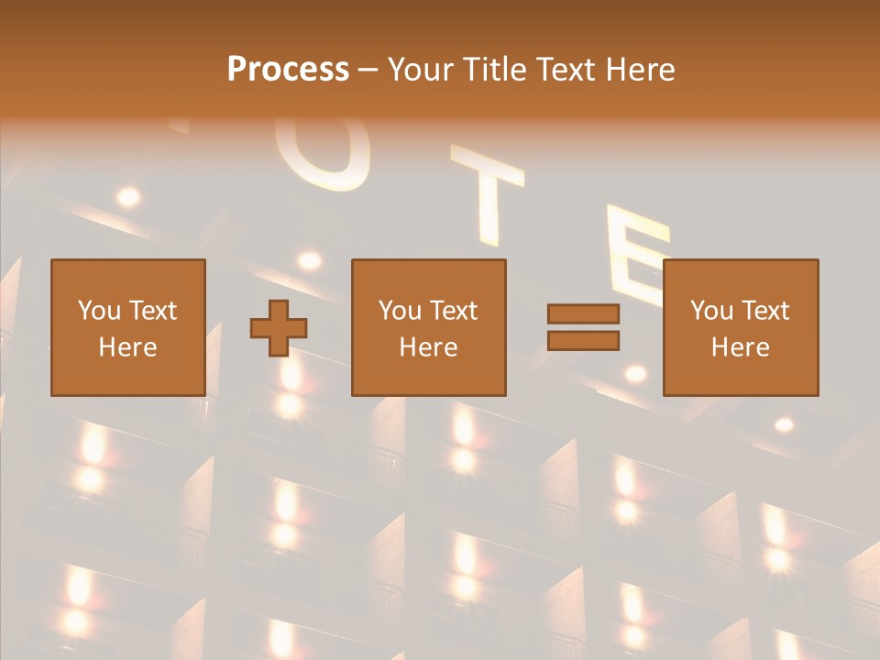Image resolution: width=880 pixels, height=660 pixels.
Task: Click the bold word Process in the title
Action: [x=288, y=70]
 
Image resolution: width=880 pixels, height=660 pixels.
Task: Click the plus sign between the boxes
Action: [x=279, y=328]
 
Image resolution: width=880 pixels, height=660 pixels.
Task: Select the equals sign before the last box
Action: [x=583, y=327]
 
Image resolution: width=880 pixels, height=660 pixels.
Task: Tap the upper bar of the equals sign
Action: [x=583, y=314]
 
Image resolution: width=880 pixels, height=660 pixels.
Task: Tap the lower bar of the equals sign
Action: [x=583, y=340]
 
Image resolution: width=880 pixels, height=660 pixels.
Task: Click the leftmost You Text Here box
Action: [x=128, y=327]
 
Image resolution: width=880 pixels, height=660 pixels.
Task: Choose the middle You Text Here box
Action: [x=428, y=327]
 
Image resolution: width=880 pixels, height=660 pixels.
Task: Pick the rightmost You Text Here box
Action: [x=740, y=327]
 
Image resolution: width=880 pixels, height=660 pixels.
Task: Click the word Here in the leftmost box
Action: [x=128, y=347]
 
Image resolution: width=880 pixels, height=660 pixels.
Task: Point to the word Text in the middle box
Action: [x=453, y=311]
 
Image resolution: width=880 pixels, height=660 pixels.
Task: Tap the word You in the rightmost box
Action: [x=712, y=311]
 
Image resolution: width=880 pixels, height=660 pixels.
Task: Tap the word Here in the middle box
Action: [x=428, y=347]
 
